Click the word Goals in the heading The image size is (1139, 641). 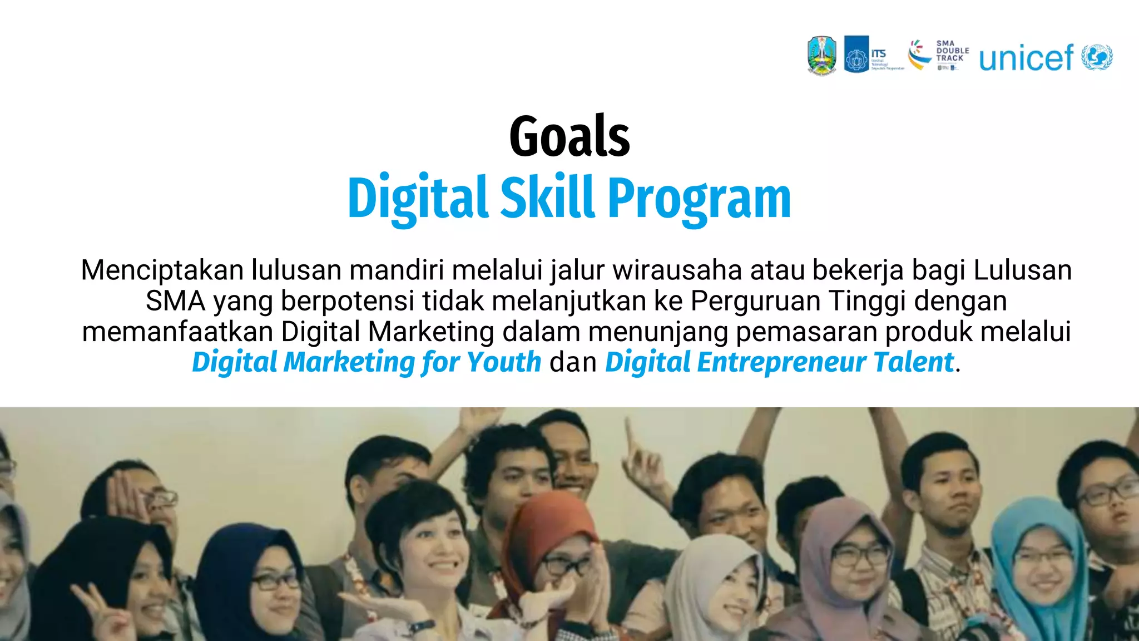click(x=569, y=136)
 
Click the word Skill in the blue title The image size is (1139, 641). click(x=547, y=198)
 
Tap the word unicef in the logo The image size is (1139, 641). click(x=1026, y=58)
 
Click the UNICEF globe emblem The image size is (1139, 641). click(x=1097, y=57)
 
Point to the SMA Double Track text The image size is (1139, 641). click(x=952, y=51)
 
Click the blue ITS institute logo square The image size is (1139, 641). click(x=856, y=55)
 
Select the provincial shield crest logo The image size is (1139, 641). click(x=821, y=55)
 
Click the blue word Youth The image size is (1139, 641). click(x=504, y=362)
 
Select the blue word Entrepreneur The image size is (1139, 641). click(x=781, y=362)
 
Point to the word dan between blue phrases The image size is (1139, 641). click(x=573, y=362)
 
